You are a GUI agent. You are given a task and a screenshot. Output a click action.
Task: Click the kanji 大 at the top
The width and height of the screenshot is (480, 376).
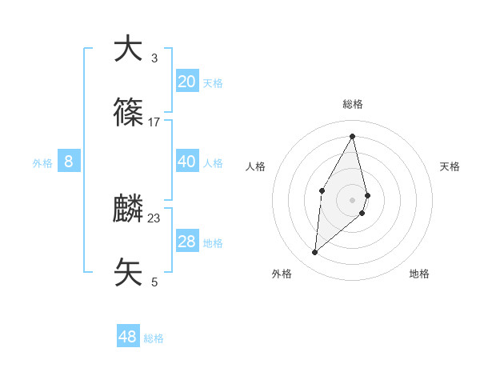tap(128, 50)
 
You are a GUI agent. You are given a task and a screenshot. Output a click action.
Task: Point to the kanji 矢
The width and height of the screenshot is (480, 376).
tap(128, 273)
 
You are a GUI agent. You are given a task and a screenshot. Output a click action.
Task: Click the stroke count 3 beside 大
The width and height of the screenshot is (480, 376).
tap(154, 58)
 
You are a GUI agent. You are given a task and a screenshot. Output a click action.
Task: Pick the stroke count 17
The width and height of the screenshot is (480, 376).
tap(154, 122)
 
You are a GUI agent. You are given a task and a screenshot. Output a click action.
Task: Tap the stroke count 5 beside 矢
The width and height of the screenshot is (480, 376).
tap(154, 282)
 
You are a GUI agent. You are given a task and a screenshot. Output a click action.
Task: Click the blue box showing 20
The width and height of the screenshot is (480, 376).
tap(186, 82)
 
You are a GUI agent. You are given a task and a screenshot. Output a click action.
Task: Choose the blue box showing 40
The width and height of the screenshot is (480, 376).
tap(186, 162)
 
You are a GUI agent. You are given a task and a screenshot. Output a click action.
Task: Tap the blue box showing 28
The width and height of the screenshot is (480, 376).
tap(186, 242)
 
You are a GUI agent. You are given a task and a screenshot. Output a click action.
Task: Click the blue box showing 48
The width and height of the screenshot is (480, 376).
tap(128, 337)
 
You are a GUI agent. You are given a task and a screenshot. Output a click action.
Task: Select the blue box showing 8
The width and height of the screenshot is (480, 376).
tap(69, 162)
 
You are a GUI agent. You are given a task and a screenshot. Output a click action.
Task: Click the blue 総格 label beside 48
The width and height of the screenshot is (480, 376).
tap(154, 338)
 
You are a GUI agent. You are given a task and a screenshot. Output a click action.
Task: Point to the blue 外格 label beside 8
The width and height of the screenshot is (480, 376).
tap(42, 163)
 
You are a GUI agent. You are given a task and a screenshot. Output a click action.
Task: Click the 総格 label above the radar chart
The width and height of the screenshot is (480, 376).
tap(353, 105)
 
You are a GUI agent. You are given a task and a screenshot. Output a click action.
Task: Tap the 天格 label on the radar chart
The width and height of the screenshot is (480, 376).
tap(450, 166)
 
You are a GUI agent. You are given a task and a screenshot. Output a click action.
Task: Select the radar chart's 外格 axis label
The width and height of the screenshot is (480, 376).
tap(282, 274)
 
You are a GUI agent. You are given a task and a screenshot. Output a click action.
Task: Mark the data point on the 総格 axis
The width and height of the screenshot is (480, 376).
tap(353, 136)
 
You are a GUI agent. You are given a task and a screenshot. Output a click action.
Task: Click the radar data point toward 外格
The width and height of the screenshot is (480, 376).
tap(315, 253)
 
